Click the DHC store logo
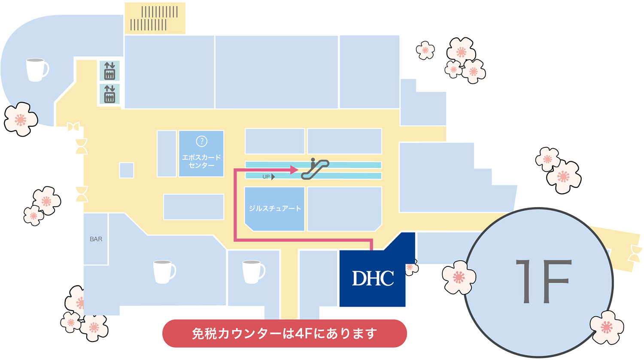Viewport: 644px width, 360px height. [373, 278]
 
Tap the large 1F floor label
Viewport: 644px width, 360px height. [543, 281]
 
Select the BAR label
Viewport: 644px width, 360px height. [96, 239]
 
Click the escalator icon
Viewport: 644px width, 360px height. [315, 169]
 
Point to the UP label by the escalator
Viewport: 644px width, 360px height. [266, 177]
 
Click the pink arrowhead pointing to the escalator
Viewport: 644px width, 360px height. [294, 170]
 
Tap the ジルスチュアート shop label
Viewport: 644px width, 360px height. [275, 208]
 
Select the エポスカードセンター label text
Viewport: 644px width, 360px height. [201, 161]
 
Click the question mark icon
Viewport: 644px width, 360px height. [201, 141]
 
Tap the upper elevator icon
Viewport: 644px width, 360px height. [109, 71]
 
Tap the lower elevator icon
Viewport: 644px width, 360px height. [109, 94]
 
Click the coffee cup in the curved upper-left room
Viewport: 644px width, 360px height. [37, 70]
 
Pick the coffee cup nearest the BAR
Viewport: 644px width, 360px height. [164, 272]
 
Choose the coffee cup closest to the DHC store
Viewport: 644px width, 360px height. [253, 272]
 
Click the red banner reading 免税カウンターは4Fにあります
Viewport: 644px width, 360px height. [285, 333]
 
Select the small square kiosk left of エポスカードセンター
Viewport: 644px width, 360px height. [127, 171]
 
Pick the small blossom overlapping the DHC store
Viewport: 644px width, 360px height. [412, 267]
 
